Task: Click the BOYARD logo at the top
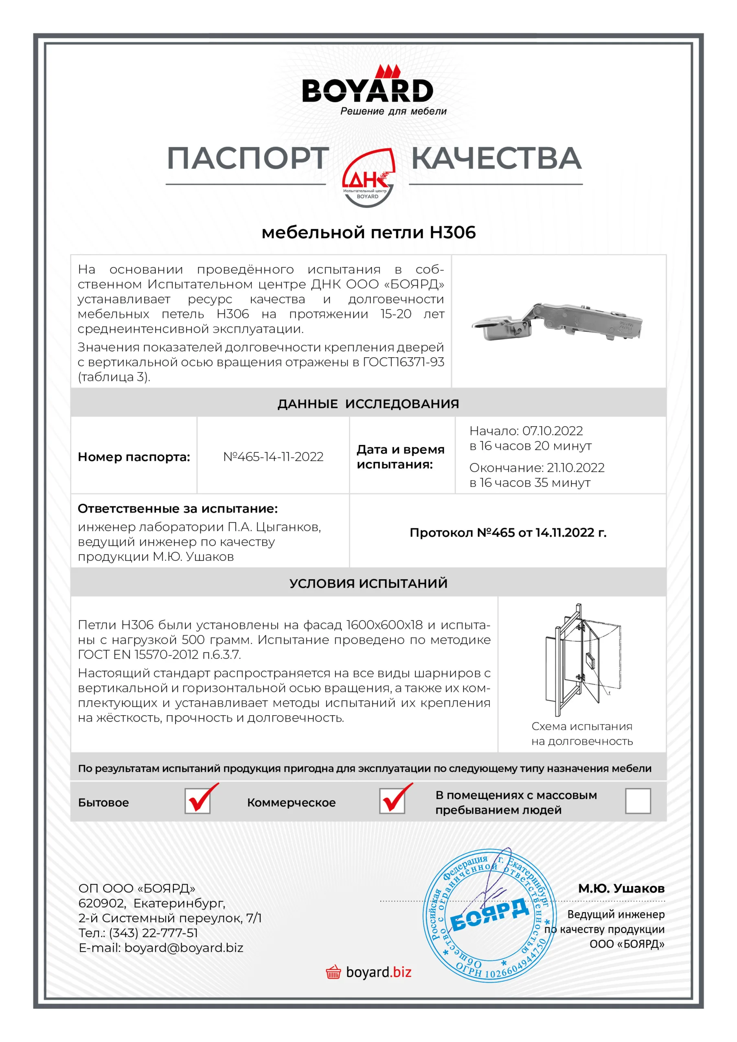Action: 368,90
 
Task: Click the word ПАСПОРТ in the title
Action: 248,158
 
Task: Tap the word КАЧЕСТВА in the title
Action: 496,158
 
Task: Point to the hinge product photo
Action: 557,322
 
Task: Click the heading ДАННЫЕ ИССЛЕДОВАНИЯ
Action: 368,403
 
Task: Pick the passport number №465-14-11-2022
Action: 273,457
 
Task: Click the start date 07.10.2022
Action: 553,431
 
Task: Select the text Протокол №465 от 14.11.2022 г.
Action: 508,532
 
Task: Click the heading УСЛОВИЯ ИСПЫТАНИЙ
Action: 368,583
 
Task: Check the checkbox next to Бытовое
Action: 197,801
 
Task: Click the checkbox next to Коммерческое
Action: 393,801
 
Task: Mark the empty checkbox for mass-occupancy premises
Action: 638,801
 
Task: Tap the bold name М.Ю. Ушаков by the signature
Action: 621,888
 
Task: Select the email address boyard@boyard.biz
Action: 184,948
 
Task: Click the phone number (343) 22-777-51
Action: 154,933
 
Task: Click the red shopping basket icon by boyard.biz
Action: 333,972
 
